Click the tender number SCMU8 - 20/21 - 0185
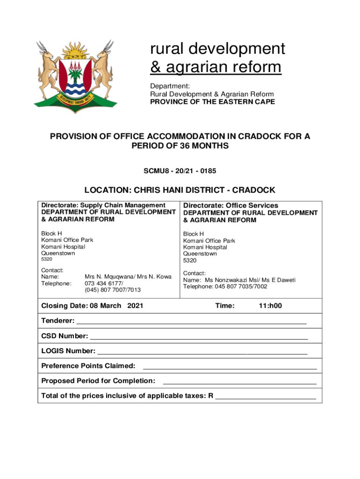click(x=180, y=171)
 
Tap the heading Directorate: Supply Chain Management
click(x=103, y=205)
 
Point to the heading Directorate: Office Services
click(x=230, y=205)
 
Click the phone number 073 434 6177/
click(x=104, y=283)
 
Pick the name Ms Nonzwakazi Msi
click(x=225, y=280)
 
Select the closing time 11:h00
click(x=270, y=306)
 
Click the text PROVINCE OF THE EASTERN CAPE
click(x=212, y=102)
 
